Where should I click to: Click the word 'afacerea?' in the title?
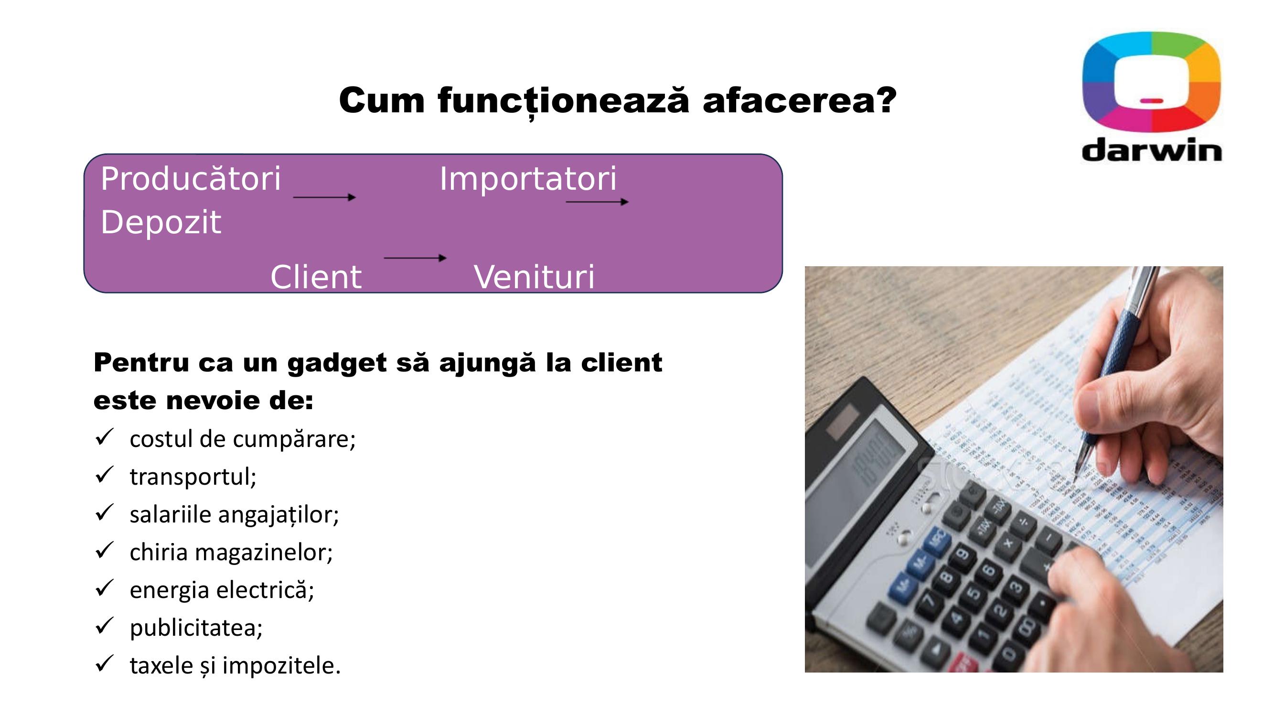point(799,100)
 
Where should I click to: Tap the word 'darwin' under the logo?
point(1152,150)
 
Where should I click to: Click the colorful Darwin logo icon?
point(1151,82)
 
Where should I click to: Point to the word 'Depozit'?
point(161,223)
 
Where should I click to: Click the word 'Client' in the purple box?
point(316,277)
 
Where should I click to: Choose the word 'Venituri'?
point(534,277)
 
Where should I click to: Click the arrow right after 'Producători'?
point(324,197)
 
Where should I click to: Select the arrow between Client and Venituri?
point(416,258)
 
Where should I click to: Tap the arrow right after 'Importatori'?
point(598,202)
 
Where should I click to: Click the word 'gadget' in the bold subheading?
point(337,364)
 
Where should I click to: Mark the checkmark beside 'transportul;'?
point(104,475)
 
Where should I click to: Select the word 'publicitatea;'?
point(196,628)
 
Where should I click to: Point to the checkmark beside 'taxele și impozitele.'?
point(104,663)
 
